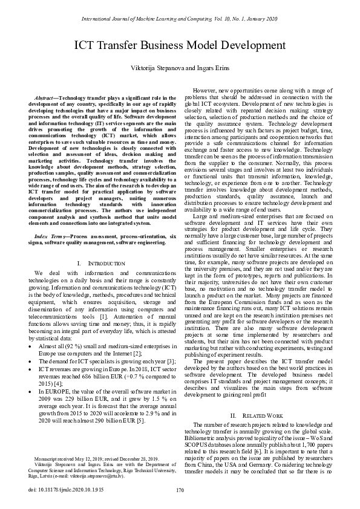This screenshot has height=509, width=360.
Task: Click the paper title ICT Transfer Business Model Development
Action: [x=180, y=45]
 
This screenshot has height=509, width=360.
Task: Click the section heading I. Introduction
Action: [x=97, y=264]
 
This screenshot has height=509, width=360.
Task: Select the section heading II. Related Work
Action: [x=257, y=416]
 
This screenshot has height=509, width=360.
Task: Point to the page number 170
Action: [x=180, y=490]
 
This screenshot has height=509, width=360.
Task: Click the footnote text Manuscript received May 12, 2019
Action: [x=71, y=459]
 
